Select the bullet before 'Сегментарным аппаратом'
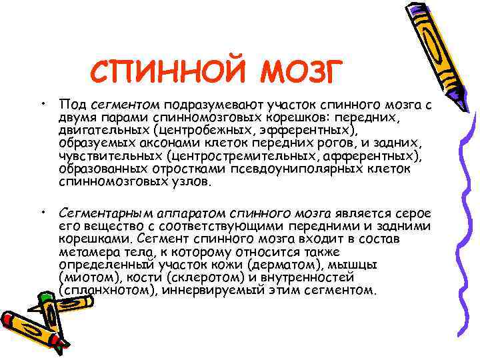click(x=42, y=213)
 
